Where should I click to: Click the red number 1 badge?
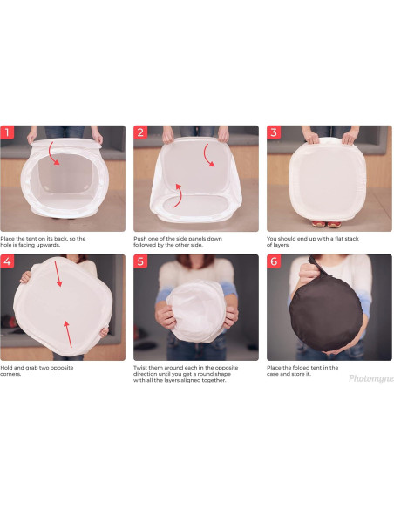[7, 132]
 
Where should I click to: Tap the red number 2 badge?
[140, 132]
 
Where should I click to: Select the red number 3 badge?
[274, 132]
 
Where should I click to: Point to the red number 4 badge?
[7, 261]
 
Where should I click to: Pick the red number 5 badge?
[140, 261]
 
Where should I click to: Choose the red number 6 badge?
[274, 261]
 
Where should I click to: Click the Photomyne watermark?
[371, 378]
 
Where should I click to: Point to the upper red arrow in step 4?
[58, 274]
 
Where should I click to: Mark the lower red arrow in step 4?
[68, 335]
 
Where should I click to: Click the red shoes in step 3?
[326, 224]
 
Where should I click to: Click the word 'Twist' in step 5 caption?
[140, 368]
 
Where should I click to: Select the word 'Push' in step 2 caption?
[139, 239]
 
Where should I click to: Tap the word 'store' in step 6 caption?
[299, 374]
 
